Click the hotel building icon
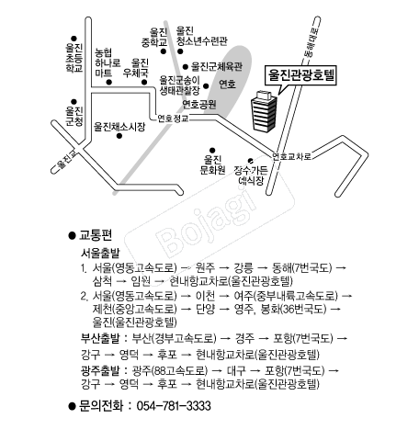tap(264, 111)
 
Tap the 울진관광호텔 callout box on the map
tap(301, 75)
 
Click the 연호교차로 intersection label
tap(292, 156)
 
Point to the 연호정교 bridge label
tap(173, 119)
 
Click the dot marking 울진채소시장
tap(119, 136)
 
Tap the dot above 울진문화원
tap(212, 150)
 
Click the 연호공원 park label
tap(199, 104)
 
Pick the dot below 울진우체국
tap(144, 82)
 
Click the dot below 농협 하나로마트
tap(109, 82)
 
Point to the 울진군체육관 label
tap(217, 66)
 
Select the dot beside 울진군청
tap(74, 102)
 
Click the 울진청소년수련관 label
tap(201, 36)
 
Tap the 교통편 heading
tap(96, 235)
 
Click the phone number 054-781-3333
tap(174, 406)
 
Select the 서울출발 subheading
tap(100, 254)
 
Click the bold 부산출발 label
tap(100, 338)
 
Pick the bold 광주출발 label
tap(100, 370)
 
